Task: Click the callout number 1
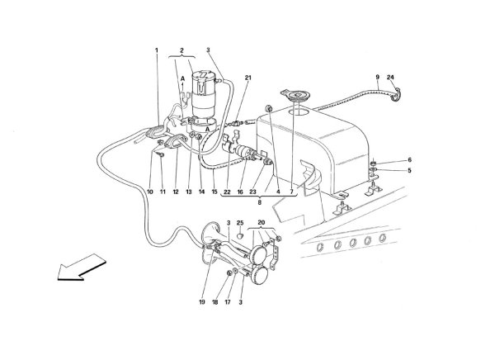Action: [156, 50]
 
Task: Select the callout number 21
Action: [248, 78]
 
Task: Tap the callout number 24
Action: [390, 77]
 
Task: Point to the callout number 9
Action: [378, 77]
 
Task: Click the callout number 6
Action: [409, 160]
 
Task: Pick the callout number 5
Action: [409, 171]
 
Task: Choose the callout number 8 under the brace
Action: [260, 202]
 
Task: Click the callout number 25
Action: [240, 223]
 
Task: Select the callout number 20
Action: [261, 222]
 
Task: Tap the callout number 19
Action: [202, 302]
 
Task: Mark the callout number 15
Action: [214, 192]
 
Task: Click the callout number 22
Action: [228, 192]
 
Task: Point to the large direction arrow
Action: [82, 267]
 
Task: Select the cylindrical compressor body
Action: [203, 98]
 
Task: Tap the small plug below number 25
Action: [241, 236]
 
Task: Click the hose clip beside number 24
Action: [395, 95]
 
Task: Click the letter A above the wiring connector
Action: [182, 78]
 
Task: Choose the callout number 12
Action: [176, 192]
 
